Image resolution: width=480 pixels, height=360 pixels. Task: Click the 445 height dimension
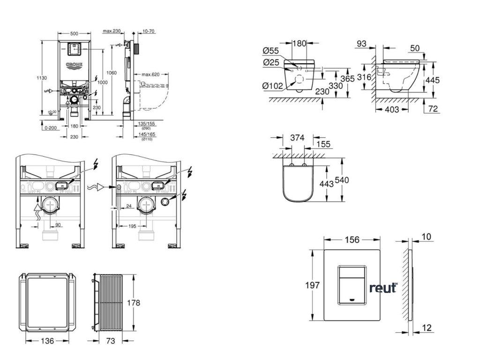pyautogui.click(x=432, y=80)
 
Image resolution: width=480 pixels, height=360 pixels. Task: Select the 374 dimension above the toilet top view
pyautogui.click(x=297, y=138)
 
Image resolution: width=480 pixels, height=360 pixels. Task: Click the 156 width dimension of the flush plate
pyautogui.click(x=352, y=240)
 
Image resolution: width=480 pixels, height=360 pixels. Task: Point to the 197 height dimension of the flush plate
pyautogui.click(x=313, y=285)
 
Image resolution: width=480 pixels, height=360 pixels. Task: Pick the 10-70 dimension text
pyautogui.click(x=149, y=31)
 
